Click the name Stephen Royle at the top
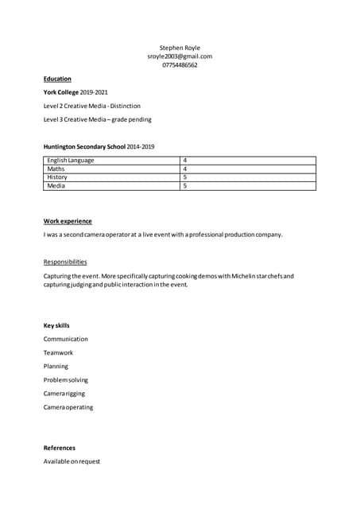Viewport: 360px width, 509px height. (x=180, y=48)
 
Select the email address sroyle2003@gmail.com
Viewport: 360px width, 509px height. (x=180, y=56)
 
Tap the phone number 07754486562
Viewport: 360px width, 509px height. (x=180, y=65)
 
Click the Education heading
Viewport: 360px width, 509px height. (x=57, y=79)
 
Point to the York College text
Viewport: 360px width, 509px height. (x=61, y=92)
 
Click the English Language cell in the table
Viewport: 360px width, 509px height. (x=71, y=161)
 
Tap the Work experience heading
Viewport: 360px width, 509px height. (x=68, y=221)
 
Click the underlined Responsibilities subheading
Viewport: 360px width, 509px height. (x=65, y=262)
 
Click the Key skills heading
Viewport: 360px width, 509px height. (x=56, y=325)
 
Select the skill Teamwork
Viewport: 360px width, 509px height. (x=58, y=352)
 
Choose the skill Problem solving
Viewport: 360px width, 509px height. (x=67, y=380)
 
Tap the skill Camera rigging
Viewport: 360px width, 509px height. (x=64, y=394)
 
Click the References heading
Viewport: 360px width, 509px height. (x=60, y=448)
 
